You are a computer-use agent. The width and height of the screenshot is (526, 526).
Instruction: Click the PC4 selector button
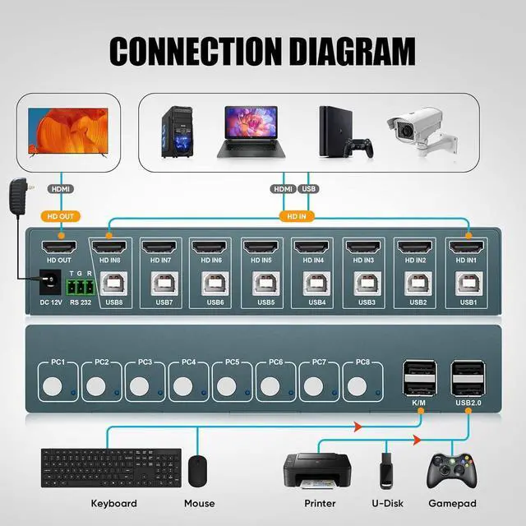(x=183, y=384)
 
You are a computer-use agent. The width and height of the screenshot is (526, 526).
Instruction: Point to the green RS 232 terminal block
(x=81, y=285)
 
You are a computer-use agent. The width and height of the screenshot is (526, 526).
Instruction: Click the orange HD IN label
(x=295, y=217)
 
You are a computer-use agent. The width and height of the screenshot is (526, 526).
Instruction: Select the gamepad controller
(x=451, y=469)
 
